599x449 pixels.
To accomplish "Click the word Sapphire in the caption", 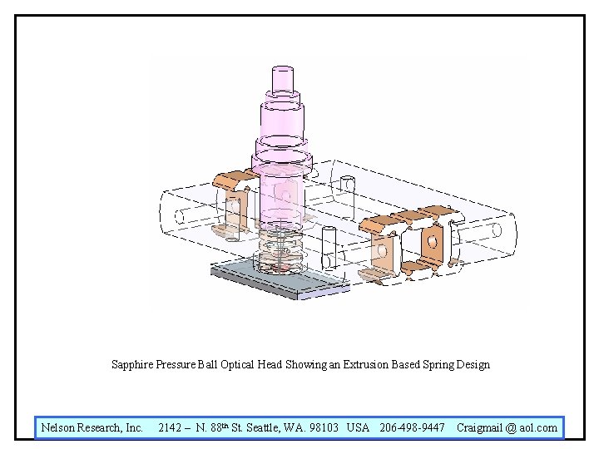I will point(132,364).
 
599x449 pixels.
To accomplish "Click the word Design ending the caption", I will point(473,364).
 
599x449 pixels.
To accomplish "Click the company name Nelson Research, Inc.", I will point(92,427).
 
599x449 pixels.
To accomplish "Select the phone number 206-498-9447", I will point(412,427).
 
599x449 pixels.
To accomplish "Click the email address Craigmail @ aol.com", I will point(507,427).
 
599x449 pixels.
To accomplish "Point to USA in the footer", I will point(358,427).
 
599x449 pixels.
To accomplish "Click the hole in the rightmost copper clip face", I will point(431,242).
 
